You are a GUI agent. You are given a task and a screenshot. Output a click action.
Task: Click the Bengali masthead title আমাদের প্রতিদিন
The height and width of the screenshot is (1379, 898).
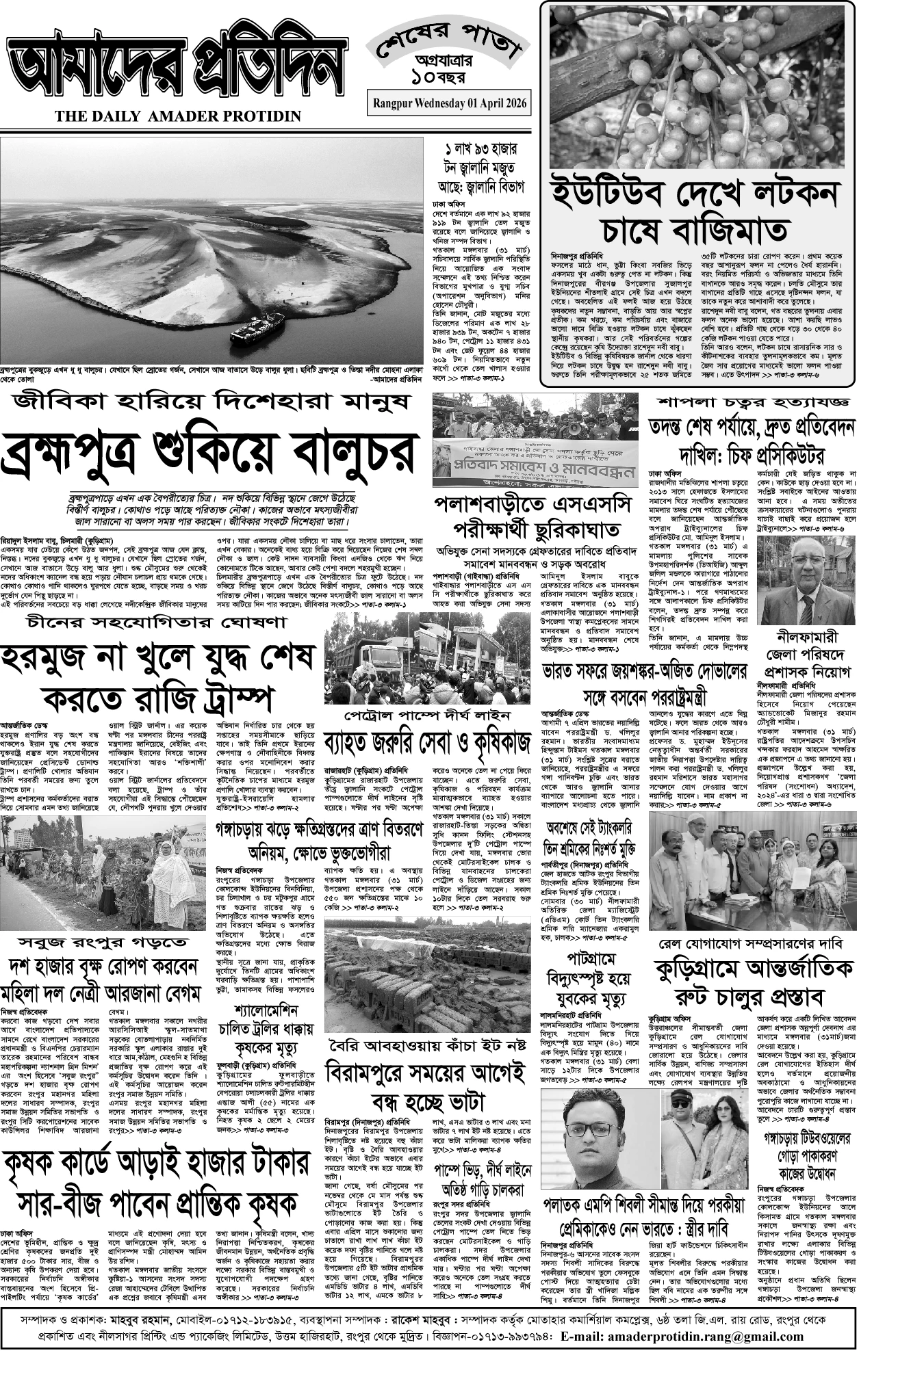[x=175, y=68]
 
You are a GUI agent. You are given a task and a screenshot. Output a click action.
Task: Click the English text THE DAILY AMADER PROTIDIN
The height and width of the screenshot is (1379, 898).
[x=178, y=117]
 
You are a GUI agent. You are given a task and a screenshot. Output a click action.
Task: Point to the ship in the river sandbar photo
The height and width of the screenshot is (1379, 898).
[x=251, y=332]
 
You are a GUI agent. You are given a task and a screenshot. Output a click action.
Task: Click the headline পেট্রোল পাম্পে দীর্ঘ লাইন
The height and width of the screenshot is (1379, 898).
[x=427, y=715]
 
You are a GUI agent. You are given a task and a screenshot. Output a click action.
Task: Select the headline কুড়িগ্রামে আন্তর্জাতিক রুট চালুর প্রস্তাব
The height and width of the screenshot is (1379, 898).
[x=752, y=982]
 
